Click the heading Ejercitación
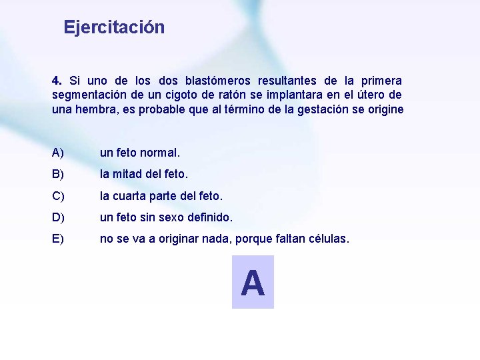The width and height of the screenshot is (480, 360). [114, 27]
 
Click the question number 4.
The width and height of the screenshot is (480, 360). [57, 80]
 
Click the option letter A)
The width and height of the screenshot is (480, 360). [58, 153]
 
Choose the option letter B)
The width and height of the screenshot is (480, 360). [58, 174]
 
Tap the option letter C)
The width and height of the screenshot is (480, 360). [58, 196]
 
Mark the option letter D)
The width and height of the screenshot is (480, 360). [58, 217]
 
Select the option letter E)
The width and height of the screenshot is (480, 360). [58, 239]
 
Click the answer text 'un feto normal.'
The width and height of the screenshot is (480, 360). [140, 153]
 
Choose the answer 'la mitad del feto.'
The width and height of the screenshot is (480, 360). [144, 174]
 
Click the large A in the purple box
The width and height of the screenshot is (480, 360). [253, 283]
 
